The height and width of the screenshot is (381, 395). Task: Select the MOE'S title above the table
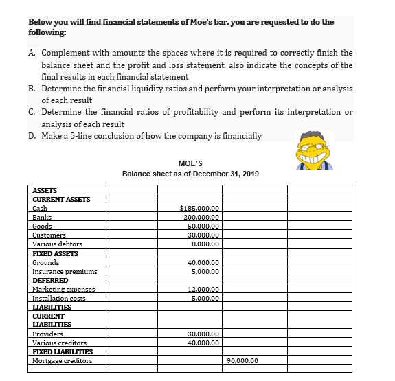point(190,163)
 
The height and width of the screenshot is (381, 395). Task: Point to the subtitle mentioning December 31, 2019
point(190,173)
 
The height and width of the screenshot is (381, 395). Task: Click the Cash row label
point(40,208)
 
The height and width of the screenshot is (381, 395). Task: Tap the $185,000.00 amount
point(199,208)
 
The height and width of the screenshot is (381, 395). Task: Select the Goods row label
point(42,226)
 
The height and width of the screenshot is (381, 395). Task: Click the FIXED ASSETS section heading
point(55,253)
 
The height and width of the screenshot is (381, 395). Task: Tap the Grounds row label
point(45,262)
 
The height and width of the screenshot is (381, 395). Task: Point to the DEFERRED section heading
point(50,280)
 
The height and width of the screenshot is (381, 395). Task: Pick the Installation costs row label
point(59,298)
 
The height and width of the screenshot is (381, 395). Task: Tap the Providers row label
point(47,334)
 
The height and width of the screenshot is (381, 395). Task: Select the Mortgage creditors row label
point(62,360)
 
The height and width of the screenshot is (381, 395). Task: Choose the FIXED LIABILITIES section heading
point(63,351)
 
